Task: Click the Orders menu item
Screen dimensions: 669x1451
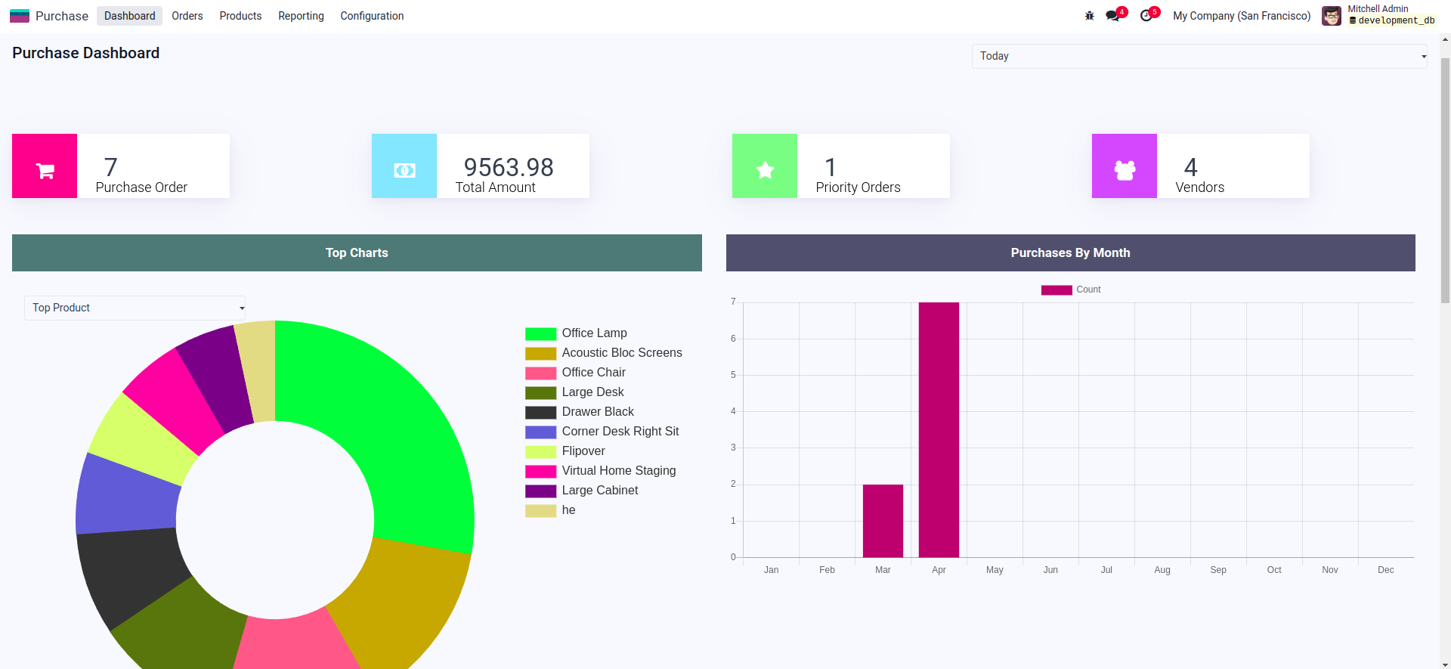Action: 187,16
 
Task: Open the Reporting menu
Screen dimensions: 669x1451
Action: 301,16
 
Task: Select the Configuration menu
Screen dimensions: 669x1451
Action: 372,16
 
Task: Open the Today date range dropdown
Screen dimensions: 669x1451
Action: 1199,56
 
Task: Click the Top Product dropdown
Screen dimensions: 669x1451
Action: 135,308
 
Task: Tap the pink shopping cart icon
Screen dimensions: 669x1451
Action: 45,166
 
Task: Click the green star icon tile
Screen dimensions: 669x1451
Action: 765,166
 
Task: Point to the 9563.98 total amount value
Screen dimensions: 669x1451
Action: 509,167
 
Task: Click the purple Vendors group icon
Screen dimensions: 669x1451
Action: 1125,166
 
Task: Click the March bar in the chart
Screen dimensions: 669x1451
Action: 883,521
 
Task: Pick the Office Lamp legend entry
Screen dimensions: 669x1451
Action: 594,333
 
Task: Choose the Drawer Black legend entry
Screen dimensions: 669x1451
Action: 597,412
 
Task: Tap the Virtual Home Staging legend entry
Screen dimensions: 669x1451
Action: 618,471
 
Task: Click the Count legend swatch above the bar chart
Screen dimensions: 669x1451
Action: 1057,290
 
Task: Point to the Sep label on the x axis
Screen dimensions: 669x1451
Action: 1218,570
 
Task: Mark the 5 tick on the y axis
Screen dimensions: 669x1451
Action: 733,375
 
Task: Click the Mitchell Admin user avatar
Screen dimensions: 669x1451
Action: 1332,16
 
